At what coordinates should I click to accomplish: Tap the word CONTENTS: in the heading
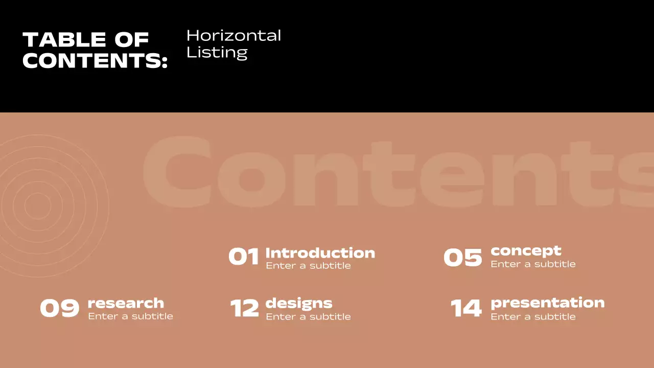(95, 60)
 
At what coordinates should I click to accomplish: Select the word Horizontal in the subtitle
(233, 36)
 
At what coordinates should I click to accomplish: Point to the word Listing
(217, 52)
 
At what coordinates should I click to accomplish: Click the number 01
(244, 257)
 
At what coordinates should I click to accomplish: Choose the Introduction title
(320, 253)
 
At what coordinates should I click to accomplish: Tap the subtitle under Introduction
(308, 266)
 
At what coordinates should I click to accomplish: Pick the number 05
(462, 258)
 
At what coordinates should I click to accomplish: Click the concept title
(526, 251)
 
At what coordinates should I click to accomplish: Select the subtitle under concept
(533, 264)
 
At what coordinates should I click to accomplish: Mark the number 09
(60, 309)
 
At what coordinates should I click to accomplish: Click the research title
(126, 303)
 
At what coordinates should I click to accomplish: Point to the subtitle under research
(130, 316)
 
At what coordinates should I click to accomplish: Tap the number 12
(244, 309)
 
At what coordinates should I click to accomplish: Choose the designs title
(299, 304)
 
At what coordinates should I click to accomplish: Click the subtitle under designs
(308, 317)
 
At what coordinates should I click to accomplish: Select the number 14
(466, 309)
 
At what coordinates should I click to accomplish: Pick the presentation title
(547, 303)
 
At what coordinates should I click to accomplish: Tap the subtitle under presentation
(533, 317)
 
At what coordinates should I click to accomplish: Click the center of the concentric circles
(37, 206)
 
